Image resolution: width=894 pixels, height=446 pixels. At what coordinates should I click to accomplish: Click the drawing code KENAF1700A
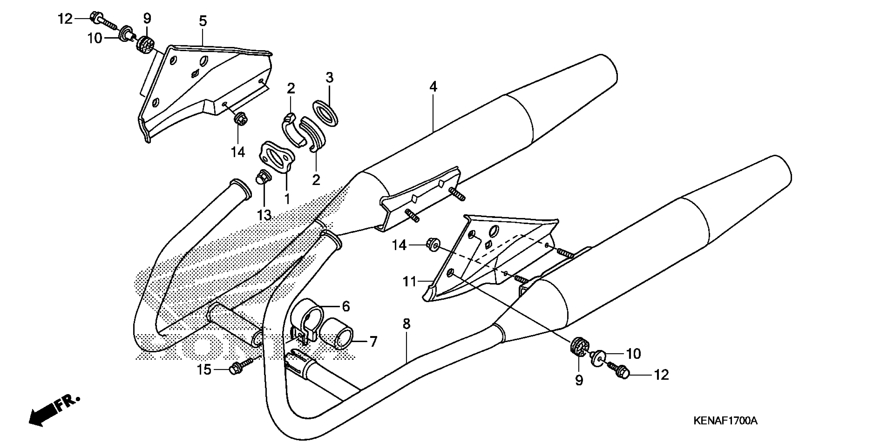pos(725,421)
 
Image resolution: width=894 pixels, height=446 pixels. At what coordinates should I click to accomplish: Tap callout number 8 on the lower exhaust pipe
pos(406,324)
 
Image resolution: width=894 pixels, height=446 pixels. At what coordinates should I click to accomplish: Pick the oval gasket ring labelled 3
pos(326,113)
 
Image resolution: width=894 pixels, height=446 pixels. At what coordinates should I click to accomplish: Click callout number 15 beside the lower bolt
pos(204,370)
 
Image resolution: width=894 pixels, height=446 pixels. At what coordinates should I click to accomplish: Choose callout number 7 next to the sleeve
pos(373,342)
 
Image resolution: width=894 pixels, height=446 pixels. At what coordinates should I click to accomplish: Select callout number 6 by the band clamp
pos(346,306)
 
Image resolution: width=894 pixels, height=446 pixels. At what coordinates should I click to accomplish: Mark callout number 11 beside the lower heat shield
pos(409,282)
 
